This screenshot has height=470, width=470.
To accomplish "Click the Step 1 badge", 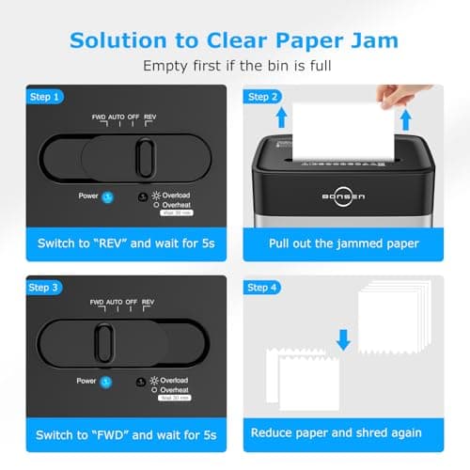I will tap(44, 97).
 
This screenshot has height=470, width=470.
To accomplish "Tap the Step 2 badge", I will tap(264, 97).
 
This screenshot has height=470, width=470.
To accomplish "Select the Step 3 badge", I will tap(44, 287).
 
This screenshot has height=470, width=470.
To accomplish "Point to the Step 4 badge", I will tap(264, 287).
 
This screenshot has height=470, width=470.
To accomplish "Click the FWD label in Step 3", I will tap(97, 303).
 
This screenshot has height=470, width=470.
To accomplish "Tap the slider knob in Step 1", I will tap(145, 155).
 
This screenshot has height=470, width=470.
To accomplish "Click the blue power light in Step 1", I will tap(107, 196).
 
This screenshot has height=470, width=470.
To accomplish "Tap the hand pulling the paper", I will tap(403, 95).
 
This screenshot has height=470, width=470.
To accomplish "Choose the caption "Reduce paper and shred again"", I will tap(336, 433).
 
